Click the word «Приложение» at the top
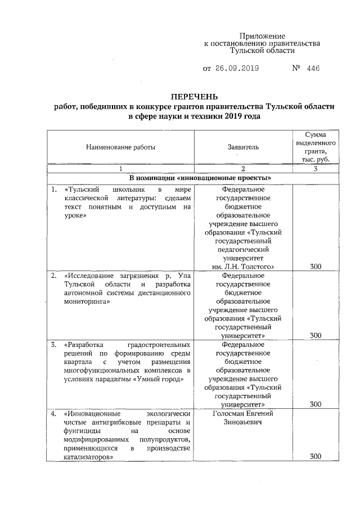click(x=262, y=35)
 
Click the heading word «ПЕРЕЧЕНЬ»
click(x=194, y=96)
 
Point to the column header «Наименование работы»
click(x=120, y=147)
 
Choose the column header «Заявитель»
click(x=243, y=147)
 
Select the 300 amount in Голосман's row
click(x=316, y=456)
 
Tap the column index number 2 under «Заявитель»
click(x=244, y=169)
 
